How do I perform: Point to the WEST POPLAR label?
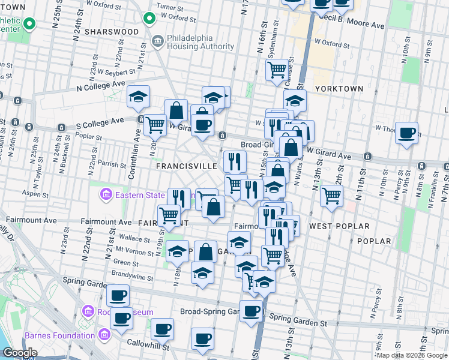pos(334,226)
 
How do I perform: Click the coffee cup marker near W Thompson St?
pos(407,133)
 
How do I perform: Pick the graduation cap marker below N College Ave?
pos(139,97)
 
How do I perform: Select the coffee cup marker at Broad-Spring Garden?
pos(252,310)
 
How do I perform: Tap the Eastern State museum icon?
pos(106,194)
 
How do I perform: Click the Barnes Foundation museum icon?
pos(105,334)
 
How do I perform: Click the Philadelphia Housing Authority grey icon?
pos(158,42)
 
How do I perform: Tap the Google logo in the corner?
pos(20,353)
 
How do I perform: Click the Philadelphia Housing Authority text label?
pos(200,42)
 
